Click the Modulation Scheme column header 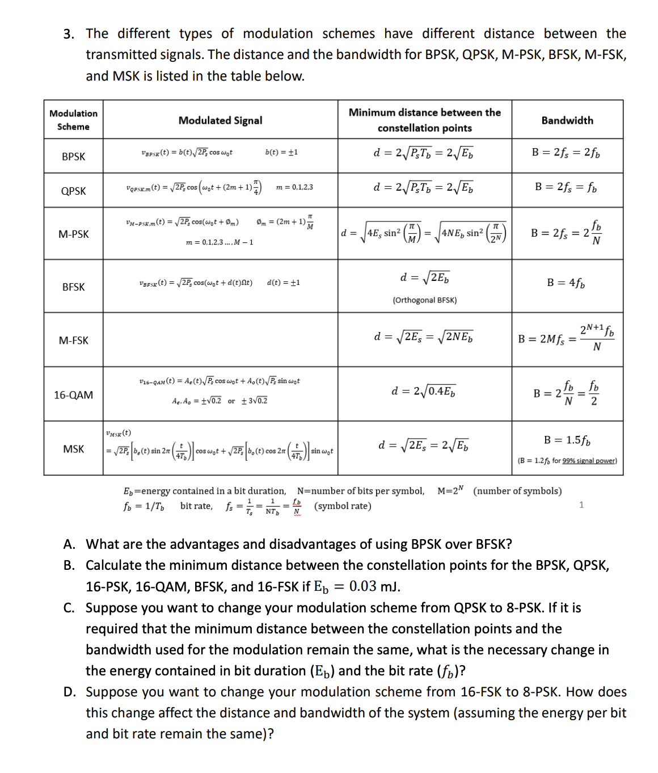(73, 120)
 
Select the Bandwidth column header (567, 120)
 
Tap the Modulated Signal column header (220, 120)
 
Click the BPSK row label (73, 156)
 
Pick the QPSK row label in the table (73, 191)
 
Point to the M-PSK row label (73, 234)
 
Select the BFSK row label (73, 287)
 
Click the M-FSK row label (73, 340)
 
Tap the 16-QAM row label (73, 394)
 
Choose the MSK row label (73, 449)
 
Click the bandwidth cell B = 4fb (566, 283)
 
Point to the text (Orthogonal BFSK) (424, 300)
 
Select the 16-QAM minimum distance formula (423, 391)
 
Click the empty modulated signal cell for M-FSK (220, 339)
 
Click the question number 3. (69, 34)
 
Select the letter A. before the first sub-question (69, 544)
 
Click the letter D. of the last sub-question (69, 692)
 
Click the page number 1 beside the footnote (581, 505)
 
